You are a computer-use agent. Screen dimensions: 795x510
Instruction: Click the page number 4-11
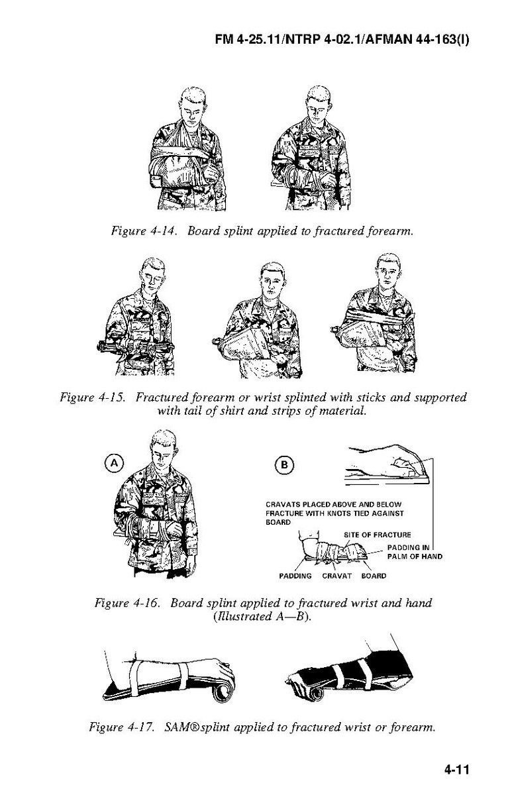click(456, 769)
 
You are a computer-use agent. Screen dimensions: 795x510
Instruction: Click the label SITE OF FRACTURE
click(377, 535)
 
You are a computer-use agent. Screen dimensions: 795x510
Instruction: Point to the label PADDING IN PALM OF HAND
click(414, 552)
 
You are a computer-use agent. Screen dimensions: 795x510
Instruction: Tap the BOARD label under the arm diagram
click(373, 576)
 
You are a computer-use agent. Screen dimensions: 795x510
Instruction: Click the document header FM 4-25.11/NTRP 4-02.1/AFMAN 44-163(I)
click(342, 40)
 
